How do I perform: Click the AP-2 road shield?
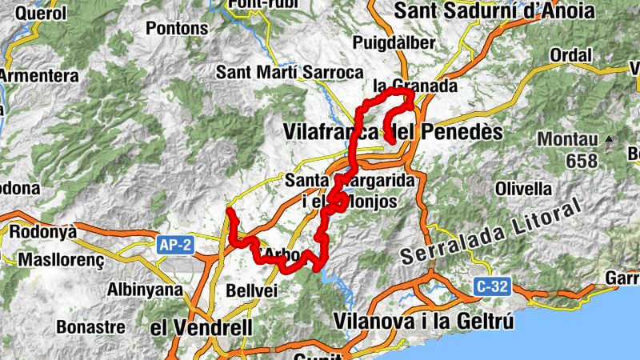tap(174, 246)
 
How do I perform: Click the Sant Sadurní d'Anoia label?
tap(495, 11)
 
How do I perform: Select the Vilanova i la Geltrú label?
tap(425, 321)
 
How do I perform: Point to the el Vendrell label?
tap(201, 327)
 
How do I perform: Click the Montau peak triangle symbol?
tap(609, 138)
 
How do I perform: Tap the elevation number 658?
tap(581, 161)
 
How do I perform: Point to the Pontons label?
tap(176, 27)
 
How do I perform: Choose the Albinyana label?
tap(144, 290)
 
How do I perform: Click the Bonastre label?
tap(90, 327)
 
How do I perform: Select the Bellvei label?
tap(251, 290)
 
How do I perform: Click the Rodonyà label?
tap(42, 231)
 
